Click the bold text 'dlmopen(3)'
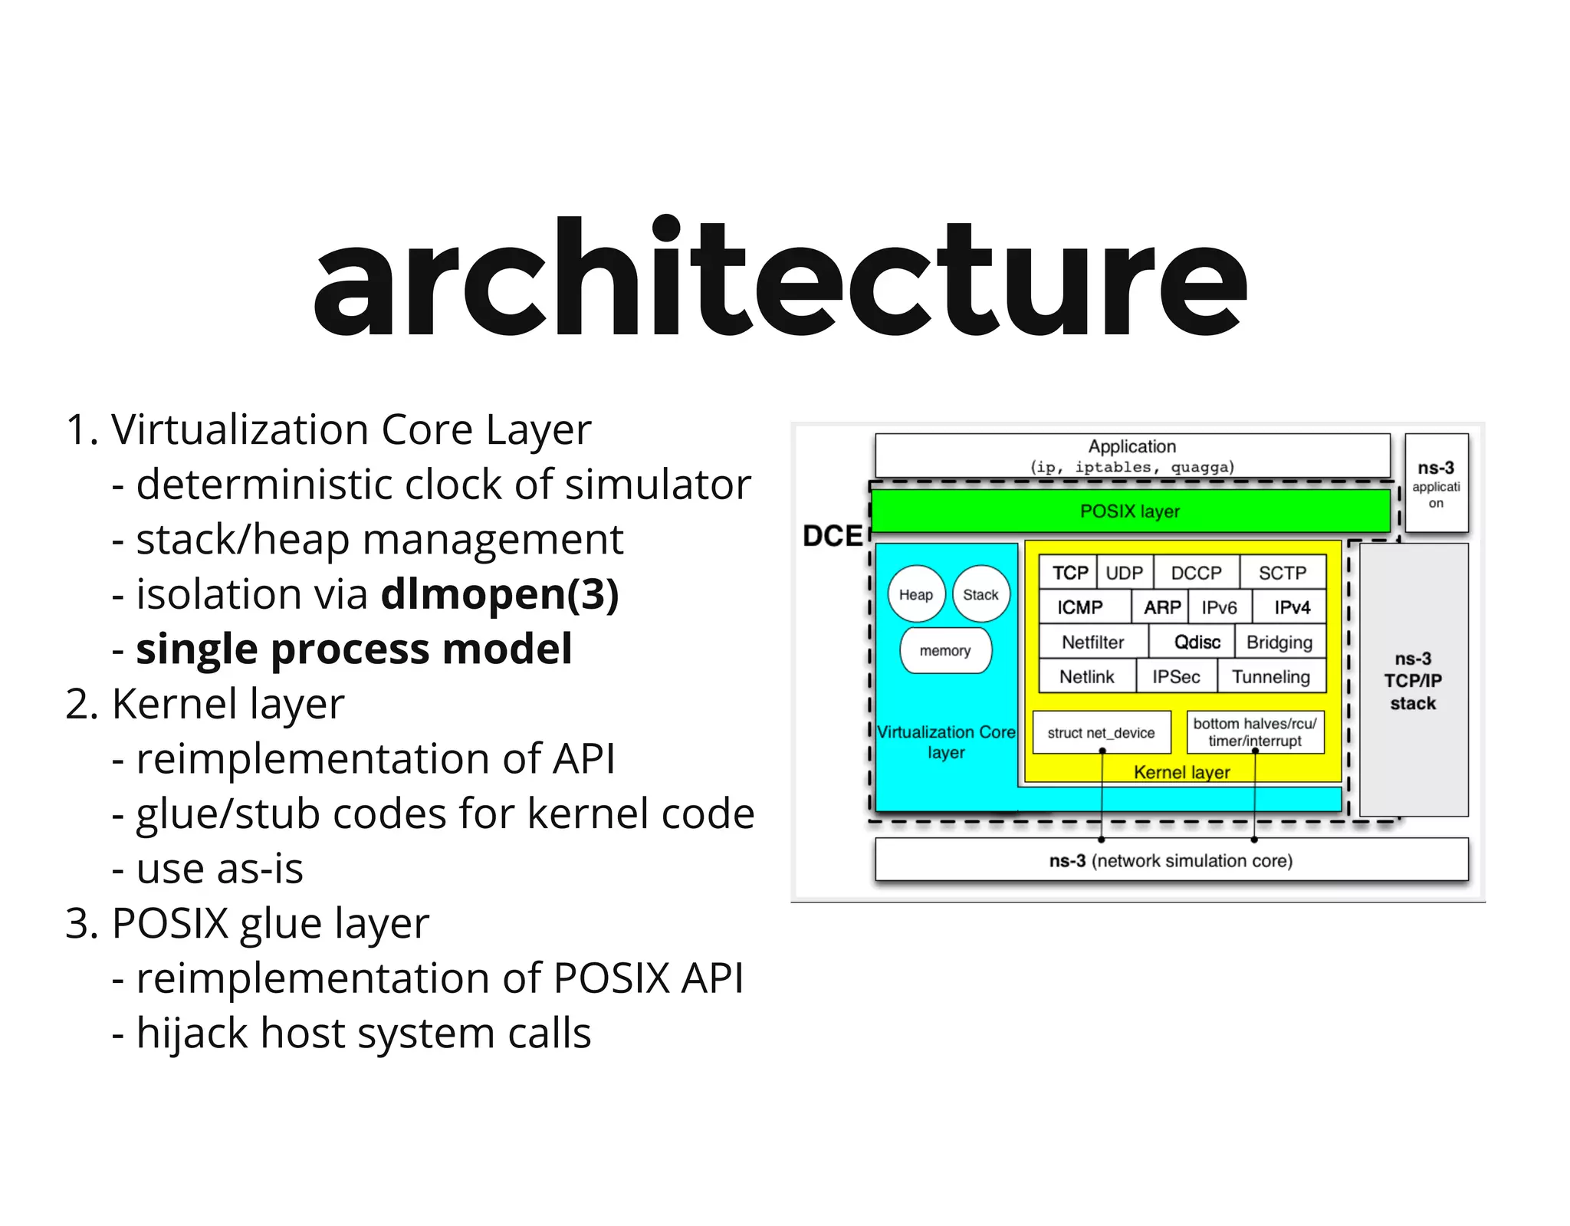click(x=499, y=594)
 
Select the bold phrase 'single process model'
click(x=353, y=649)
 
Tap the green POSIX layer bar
click(x=1130, y=511)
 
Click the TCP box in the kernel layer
click(x=1069, y=573)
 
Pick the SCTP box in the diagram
click(x=1282, y=573)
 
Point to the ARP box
click(x=1161, y=607)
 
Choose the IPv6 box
click(x=1219, y=607)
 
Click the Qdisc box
click(x=1196, y=642)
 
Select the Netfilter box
click(x=1092, y=642)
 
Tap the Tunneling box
click(x=1270, y=676)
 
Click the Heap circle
click(x=916, y=594)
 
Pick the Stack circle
click(x=980, y=594)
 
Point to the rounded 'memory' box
click(x=945, y=650)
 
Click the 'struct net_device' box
click(x=1101, y=732)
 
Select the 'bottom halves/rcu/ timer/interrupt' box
click(x=1255, y=732)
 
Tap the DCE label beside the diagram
click(x=832, y=536)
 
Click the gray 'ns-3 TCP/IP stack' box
click(x=1413, y=680)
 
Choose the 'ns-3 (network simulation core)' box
click(x=1171, y=860)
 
